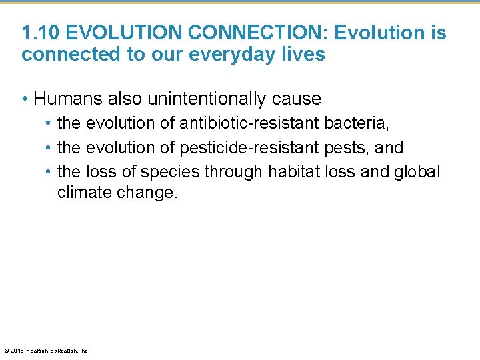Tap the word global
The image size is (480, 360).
click(x=419, y=171)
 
